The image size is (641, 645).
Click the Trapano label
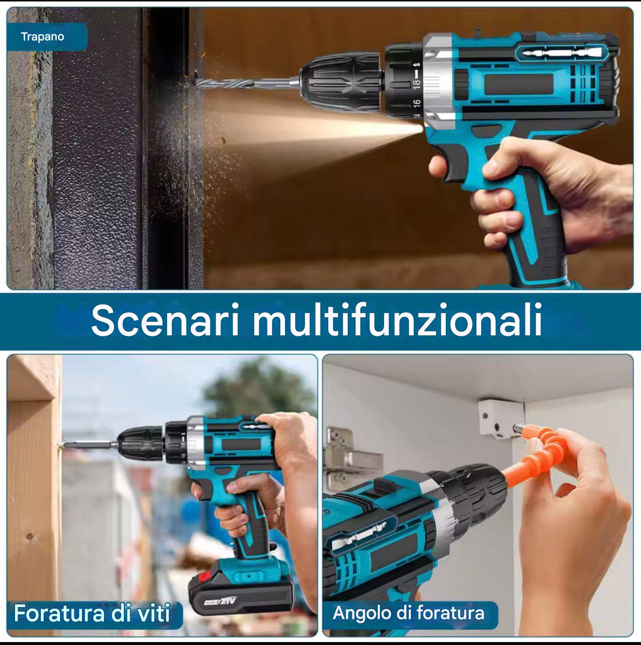tap(43, 36)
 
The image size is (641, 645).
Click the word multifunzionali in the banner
tap(397, 320)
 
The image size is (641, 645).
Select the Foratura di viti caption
tap(92, 613)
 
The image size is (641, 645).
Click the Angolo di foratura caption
tap(408, 613)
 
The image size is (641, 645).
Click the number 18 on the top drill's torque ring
tap(417, 84)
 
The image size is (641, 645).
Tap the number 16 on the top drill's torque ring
tap(417, 104)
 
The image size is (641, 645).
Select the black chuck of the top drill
tap(342, 83)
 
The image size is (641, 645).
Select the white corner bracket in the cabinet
tap(501, 418)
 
